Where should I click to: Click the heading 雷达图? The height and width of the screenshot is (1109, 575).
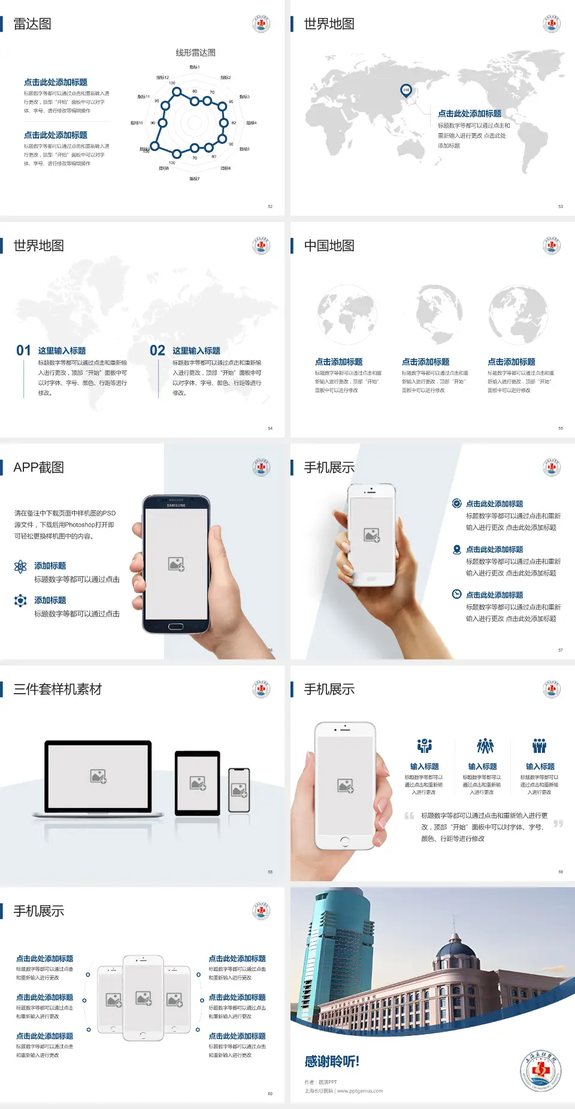[32, 24]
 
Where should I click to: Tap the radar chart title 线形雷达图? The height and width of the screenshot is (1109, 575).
[195, 53]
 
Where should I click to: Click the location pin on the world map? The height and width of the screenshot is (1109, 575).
[406, 91]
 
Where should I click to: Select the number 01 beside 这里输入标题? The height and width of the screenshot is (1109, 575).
[23, 351]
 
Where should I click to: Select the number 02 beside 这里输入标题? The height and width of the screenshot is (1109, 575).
[158, 351]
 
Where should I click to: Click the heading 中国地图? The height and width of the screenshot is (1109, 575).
[329, 246]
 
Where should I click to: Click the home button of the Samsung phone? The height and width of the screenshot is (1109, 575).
[175, 626]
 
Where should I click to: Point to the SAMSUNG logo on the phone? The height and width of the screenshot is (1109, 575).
[176, 505]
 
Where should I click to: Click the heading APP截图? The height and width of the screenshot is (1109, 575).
[38, 468]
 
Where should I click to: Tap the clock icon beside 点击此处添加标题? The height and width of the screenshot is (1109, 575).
[456, 594]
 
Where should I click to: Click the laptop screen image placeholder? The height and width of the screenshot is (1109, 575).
[98, 776]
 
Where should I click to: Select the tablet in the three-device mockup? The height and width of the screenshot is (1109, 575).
[198, 783]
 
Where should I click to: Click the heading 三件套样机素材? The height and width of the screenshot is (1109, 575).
[57, 689]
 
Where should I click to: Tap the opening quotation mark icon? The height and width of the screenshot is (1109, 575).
[409, 816]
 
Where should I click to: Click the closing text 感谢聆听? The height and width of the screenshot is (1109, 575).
[332, 1062]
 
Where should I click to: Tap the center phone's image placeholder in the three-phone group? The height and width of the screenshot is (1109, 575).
[144, 998]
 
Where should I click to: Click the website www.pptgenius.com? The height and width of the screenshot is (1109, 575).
[359, 1091]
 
